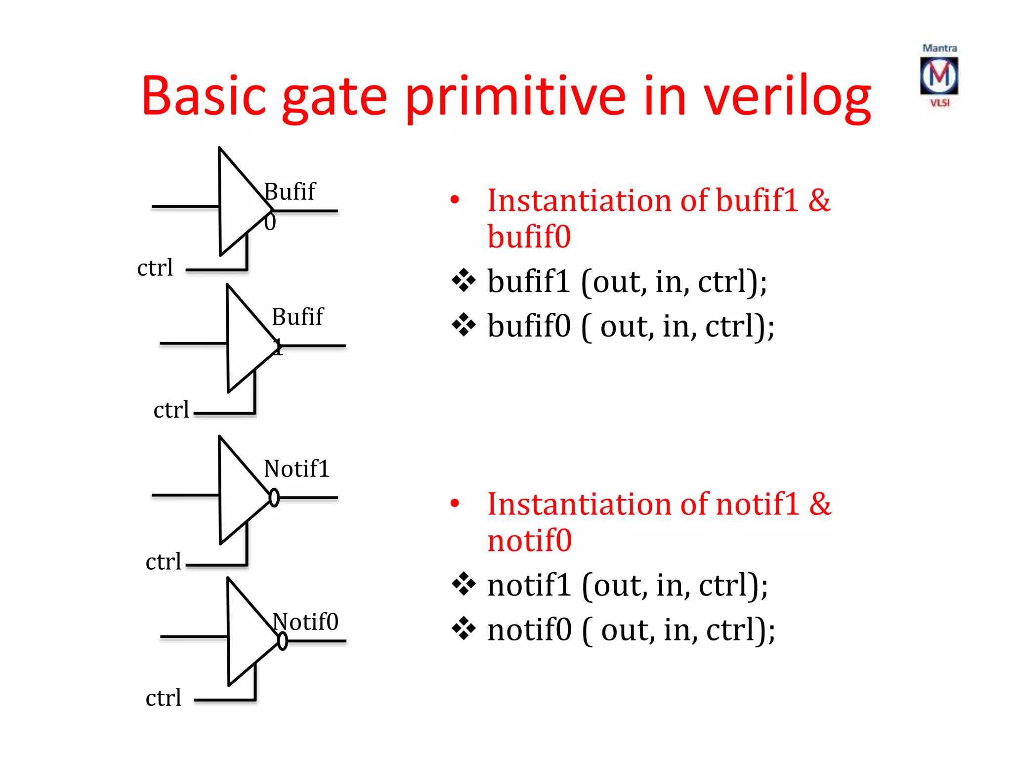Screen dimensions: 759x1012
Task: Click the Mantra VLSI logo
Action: point(939,76)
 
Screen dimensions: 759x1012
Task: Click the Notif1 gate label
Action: point(296,468)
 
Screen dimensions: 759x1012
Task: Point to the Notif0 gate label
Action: point(305,622)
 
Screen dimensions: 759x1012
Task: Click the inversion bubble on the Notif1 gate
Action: point(274,498)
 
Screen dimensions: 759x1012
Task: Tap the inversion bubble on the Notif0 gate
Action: point(282,641)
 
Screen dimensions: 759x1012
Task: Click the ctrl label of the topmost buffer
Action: point(155,268)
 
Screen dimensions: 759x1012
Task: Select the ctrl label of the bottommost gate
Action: point(163,698)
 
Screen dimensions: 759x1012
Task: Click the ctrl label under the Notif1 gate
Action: point(163,562)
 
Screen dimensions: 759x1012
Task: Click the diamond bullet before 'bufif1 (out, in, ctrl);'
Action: point(464,281)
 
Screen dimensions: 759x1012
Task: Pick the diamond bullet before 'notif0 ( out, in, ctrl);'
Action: point(464,629)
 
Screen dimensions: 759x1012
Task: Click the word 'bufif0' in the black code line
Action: point(529,326)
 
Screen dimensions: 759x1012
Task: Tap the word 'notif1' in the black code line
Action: point(529,585)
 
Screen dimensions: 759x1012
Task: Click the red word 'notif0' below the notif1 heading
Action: point(529,540)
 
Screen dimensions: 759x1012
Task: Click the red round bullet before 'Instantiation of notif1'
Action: point(455,504)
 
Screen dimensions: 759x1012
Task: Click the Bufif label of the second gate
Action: point(297,317)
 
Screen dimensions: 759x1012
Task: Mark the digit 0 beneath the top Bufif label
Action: point(270,222)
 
